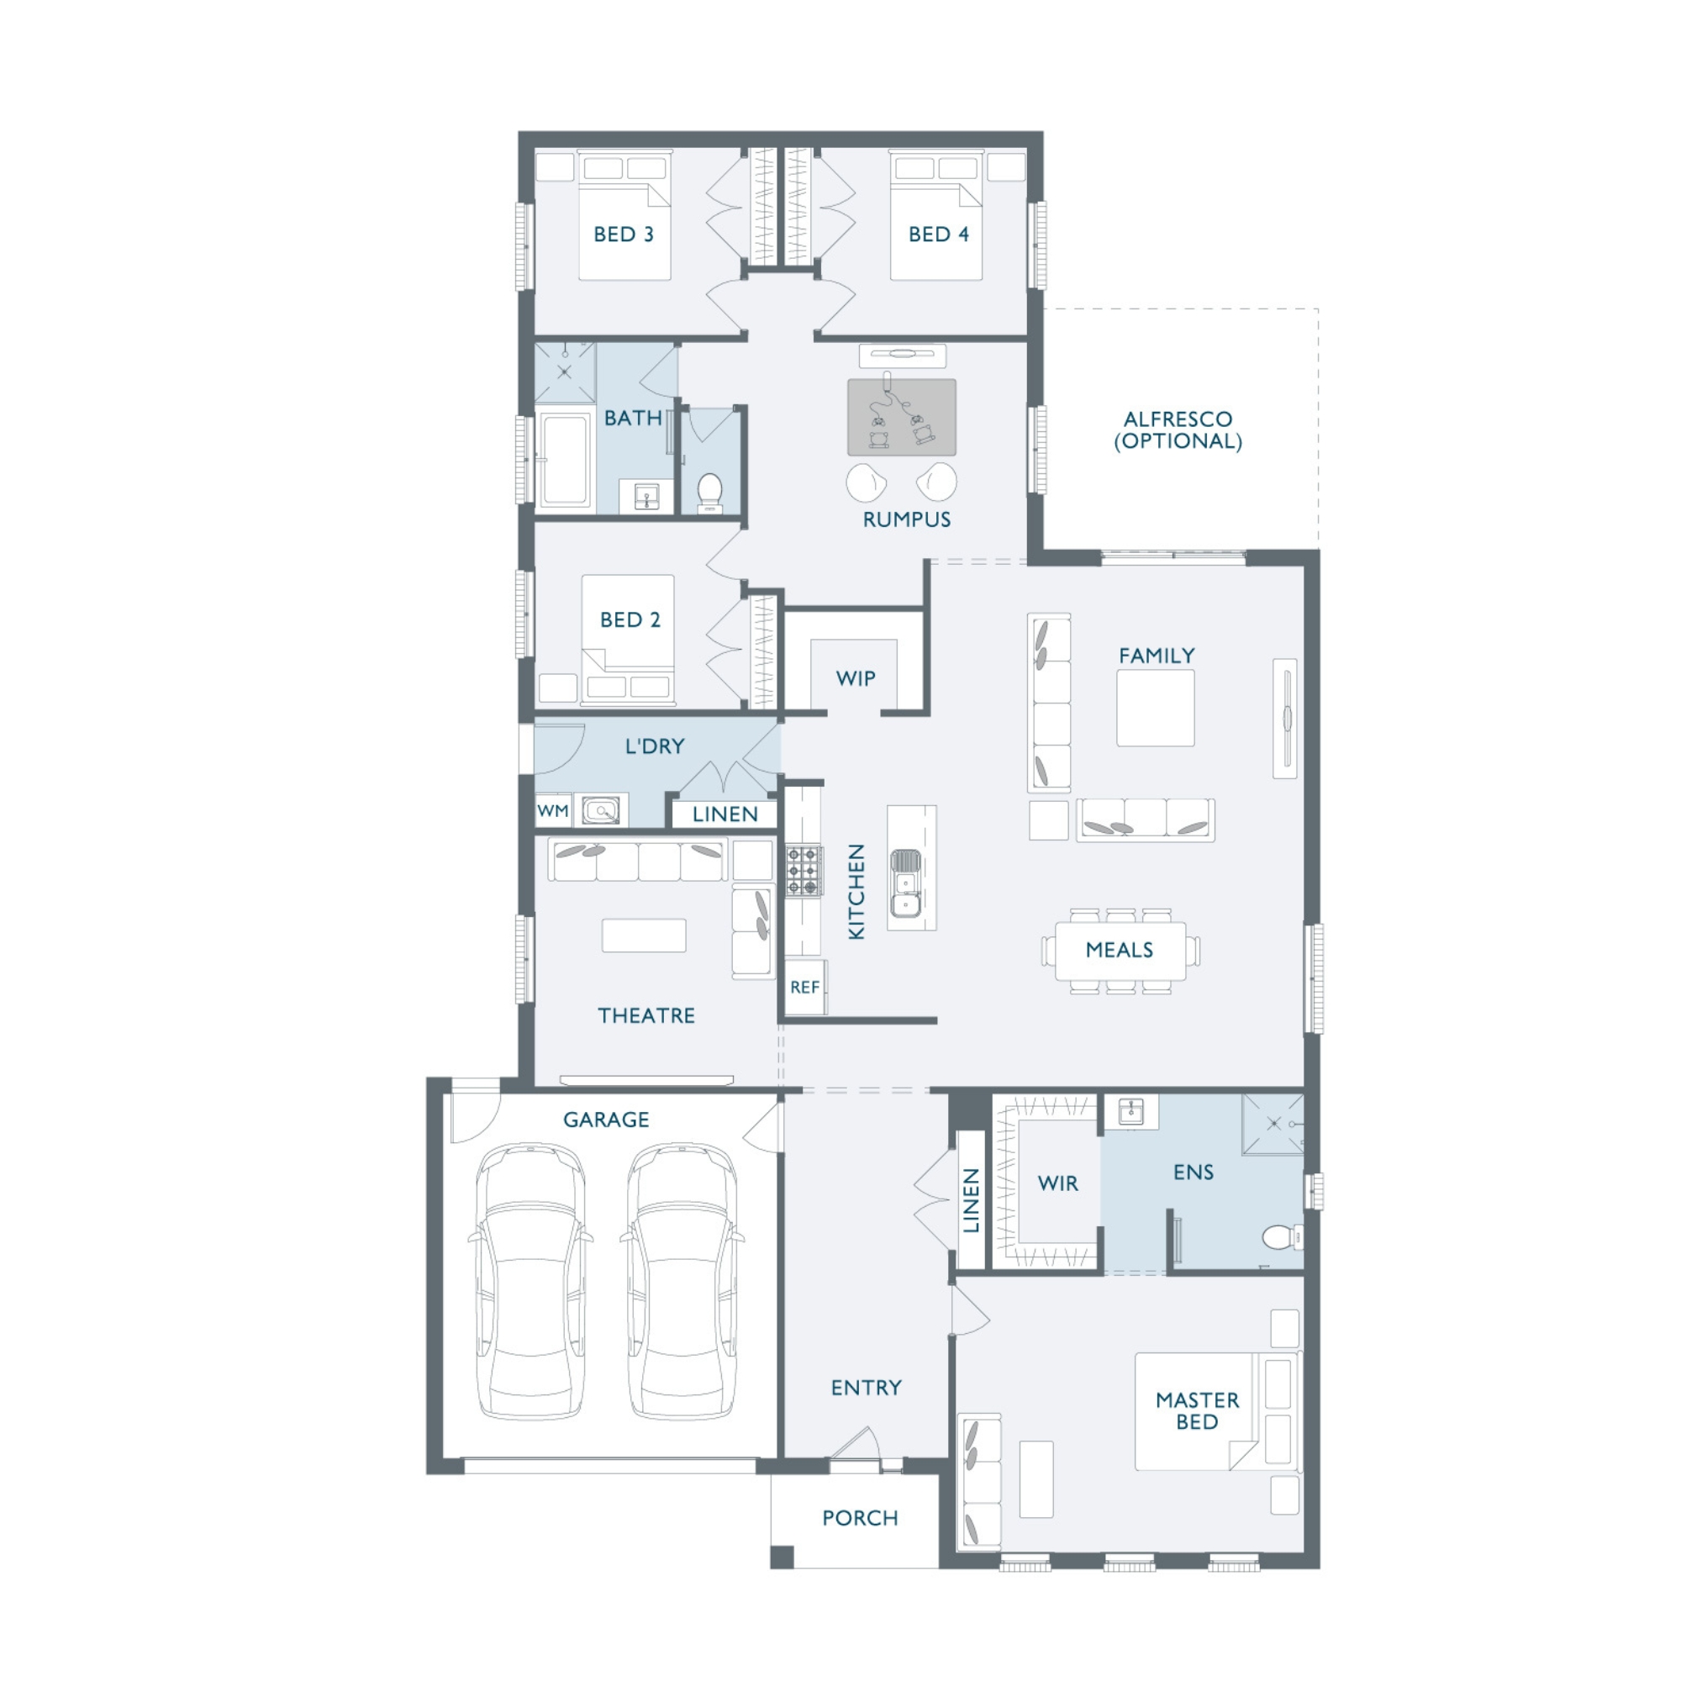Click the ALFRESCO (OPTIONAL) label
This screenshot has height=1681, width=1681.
pyautogui.click(x=1178, y=429)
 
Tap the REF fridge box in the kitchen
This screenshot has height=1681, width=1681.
pyautogui.click(x=805, y=987)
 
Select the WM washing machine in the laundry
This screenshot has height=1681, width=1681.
pyautogui.click(x=553, y=811)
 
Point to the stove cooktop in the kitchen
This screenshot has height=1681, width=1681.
pyautogui.click(x=804, y=870)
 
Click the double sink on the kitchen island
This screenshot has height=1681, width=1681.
pyautogui.click(x=906, y=883)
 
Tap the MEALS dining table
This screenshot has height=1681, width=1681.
pyautogui.click(x=1120, y=950)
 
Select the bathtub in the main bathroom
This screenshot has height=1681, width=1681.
pyautogui.click(x=565, y=461)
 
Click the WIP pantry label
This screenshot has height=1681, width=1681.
pyautogui.click(x=856, y=677)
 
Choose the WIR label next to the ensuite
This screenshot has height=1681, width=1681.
pyautogui.click(x=1057, y=1183)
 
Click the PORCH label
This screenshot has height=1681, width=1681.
pyautogui.click(x=860, y=1517)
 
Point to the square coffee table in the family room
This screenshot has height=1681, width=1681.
pyautogui.click(x=1156, y=708)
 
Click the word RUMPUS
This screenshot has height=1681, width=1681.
pyautogui.click(x=907, y=519)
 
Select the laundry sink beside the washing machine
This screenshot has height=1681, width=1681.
pyautogui.click(x=601, y=811)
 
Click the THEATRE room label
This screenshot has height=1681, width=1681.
pyautogui.click(x=646, y=1015)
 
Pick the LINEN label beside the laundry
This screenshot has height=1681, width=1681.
pyautogui.click(x=725, y=814)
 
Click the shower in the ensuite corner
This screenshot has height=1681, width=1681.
pyautogui.click(x=1272, y=1124)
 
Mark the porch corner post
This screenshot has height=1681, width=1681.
pyautogui.click(x=782, y=1557)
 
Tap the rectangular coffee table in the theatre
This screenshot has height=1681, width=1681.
pyautogui.click(x=644, y=935)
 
